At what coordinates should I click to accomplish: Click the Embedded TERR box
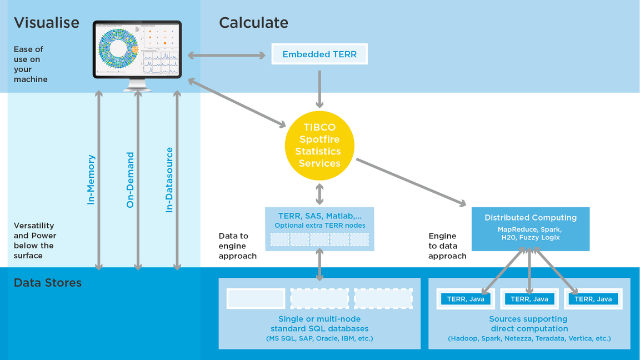pos(319,54)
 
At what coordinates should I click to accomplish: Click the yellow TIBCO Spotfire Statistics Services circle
pos(319,146)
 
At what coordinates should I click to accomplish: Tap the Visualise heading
pos(47,23)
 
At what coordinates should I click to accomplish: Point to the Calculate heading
pos(253,23)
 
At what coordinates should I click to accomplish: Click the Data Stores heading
pos(48,283)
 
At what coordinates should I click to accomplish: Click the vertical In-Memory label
pos(92,179)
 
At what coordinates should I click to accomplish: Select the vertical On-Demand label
pos(131,179)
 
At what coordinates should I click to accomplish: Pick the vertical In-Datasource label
pos(169,179)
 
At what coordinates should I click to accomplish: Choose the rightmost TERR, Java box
pos(593,299)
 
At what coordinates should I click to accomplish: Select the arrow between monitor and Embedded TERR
pos(227,55)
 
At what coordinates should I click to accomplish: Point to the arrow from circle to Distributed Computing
pos(411,183)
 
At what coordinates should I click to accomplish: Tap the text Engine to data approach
pos(447,246)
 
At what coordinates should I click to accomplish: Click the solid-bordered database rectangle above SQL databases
pos(256,299)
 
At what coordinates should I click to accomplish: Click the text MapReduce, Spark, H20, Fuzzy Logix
pos(530,233)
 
